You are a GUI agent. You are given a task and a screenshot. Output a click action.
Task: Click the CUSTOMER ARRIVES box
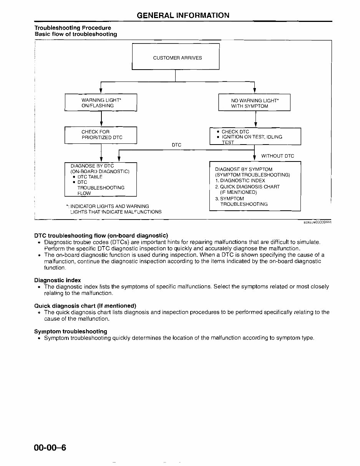176,57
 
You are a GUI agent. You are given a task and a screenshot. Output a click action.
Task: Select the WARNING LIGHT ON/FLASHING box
101,103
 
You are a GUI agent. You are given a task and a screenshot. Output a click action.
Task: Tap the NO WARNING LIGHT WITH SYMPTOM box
254,103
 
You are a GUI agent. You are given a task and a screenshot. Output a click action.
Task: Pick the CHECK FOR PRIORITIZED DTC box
101,135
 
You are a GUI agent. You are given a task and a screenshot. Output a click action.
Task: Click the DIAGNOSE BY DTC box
101,179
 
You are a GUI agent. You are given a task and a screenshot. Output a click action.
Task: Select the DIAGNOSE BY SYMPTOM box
255,186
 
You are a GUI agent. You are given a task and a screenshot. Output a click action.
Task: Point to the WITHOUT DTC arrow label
277,156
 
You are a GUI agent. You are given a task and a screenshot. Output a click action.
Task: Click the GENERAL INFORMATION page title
183,15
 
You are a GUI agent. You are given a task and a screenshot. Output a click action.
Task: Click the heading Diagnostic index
58,280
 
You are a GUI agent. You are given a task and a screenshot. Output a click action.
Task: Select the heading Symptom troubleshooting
71,331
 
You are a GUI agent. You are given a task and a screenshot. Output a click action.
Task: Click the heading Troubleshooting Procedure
73,28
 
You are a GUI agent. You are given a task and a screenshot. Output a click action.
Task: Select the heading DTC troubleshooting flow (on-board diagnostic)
101,235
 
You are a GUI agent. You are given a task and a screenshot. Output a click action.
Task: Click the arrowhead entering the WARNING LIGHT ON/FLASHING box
101,92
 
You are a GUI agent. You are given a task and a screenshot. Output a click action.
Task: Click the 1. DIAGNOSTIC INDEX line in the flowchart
240,181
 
